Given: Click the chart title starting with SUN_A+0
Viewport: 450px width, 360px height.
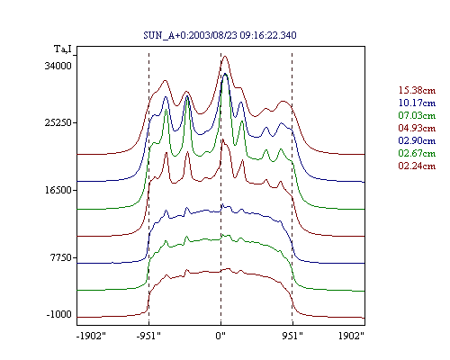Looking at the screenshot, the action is [220, 35].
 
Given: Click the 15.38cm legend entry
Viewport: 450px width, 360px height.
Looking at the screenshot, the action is [417, 90].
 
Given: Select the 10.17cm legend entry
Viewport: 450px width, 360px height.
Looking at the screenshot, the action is [417, 103].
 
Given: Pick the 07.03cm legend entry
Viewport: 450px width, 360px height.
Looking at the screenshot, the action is [417, 115].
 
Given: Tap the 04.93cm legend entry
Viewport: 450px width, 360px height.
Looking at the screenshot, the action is [417, 128].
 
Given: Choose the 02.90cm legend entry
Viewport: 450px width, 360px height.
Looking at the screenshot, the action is [417, 140].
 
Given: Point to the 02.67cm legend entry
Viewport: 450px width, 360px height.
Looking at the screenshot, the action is [417, 153].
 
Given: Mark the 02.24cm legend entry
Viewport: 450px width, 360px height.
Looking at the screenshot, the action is [417, 166].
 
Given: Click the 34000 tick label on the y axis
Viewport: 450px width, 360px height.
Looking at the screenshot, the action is [58, 66].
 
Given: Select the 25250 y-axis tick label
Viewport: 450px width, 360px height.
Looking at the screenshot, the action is [58, 122].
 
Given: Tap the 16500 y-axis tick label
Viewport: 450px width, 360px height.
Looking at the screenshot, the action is [58, 190].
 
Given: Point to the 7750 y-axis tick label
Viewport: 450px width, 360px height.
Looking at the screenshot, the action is [60, 257].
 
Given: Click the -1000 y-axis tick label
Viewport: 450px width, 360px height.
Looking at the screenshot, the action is [59, 314].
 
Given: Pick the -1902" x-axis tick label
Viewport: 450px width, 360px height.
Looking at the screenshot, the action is [91, 336].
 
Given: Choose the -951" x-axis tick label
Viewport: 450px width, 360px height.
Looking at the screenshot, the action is [148, 336].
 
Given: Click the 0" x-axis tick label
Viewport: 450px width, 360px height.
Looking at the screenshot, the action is [220, 336].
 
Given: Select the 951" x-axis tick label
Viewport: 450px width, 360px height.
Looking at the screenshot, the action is [292, 336].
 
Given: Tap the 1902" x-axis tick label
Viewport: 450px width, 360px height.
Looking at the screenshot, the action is [351, 336].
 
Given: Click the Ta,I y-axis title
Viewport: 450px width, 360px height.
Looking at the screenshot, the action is [63, 49].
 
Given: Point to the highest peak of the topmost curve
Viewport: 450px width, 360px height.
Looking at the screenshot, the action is [225, 56].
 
